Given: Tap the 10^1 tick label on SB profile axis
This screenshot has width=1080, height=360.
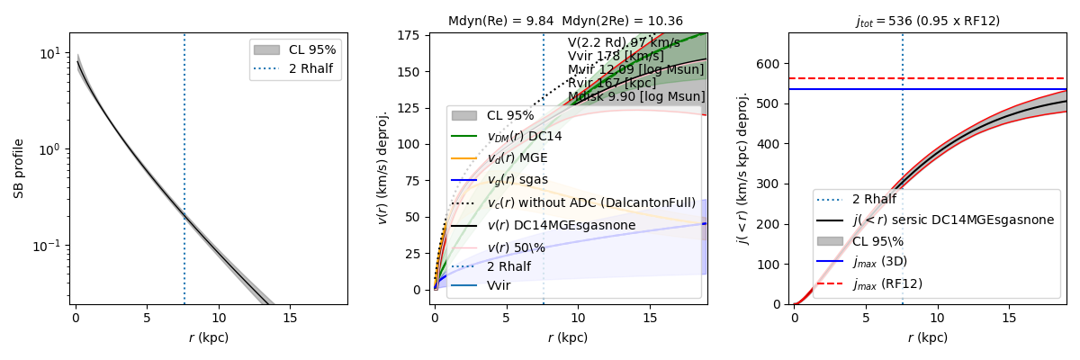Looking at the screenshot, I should pos(52,53).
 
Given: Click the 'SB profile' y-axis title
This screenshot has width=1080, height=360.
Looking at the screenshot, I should pos(19,168).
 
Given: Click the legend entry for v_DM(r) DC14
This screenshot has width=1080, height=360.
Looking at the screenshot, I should pos(525,136).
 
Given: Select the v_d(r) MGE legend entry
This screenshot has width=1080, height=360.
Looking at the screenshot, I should pos(517,158).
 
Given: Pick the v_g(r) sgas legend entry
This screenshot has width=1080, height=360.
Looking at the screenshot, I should pos(517,180).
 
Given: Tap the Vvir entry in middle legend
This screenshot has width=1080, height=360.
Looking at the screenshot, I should pos(499,285).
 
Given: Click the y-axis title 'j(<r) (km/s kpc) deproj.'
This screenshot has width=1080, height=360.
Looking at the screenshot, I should pos(743,168).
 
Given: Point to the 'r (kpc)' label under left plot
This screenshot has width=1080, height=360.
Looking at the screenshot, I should pos(210,337).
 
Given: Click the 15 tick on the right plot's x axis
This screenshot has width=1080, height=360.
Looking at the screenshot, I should pos(1010,318).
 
